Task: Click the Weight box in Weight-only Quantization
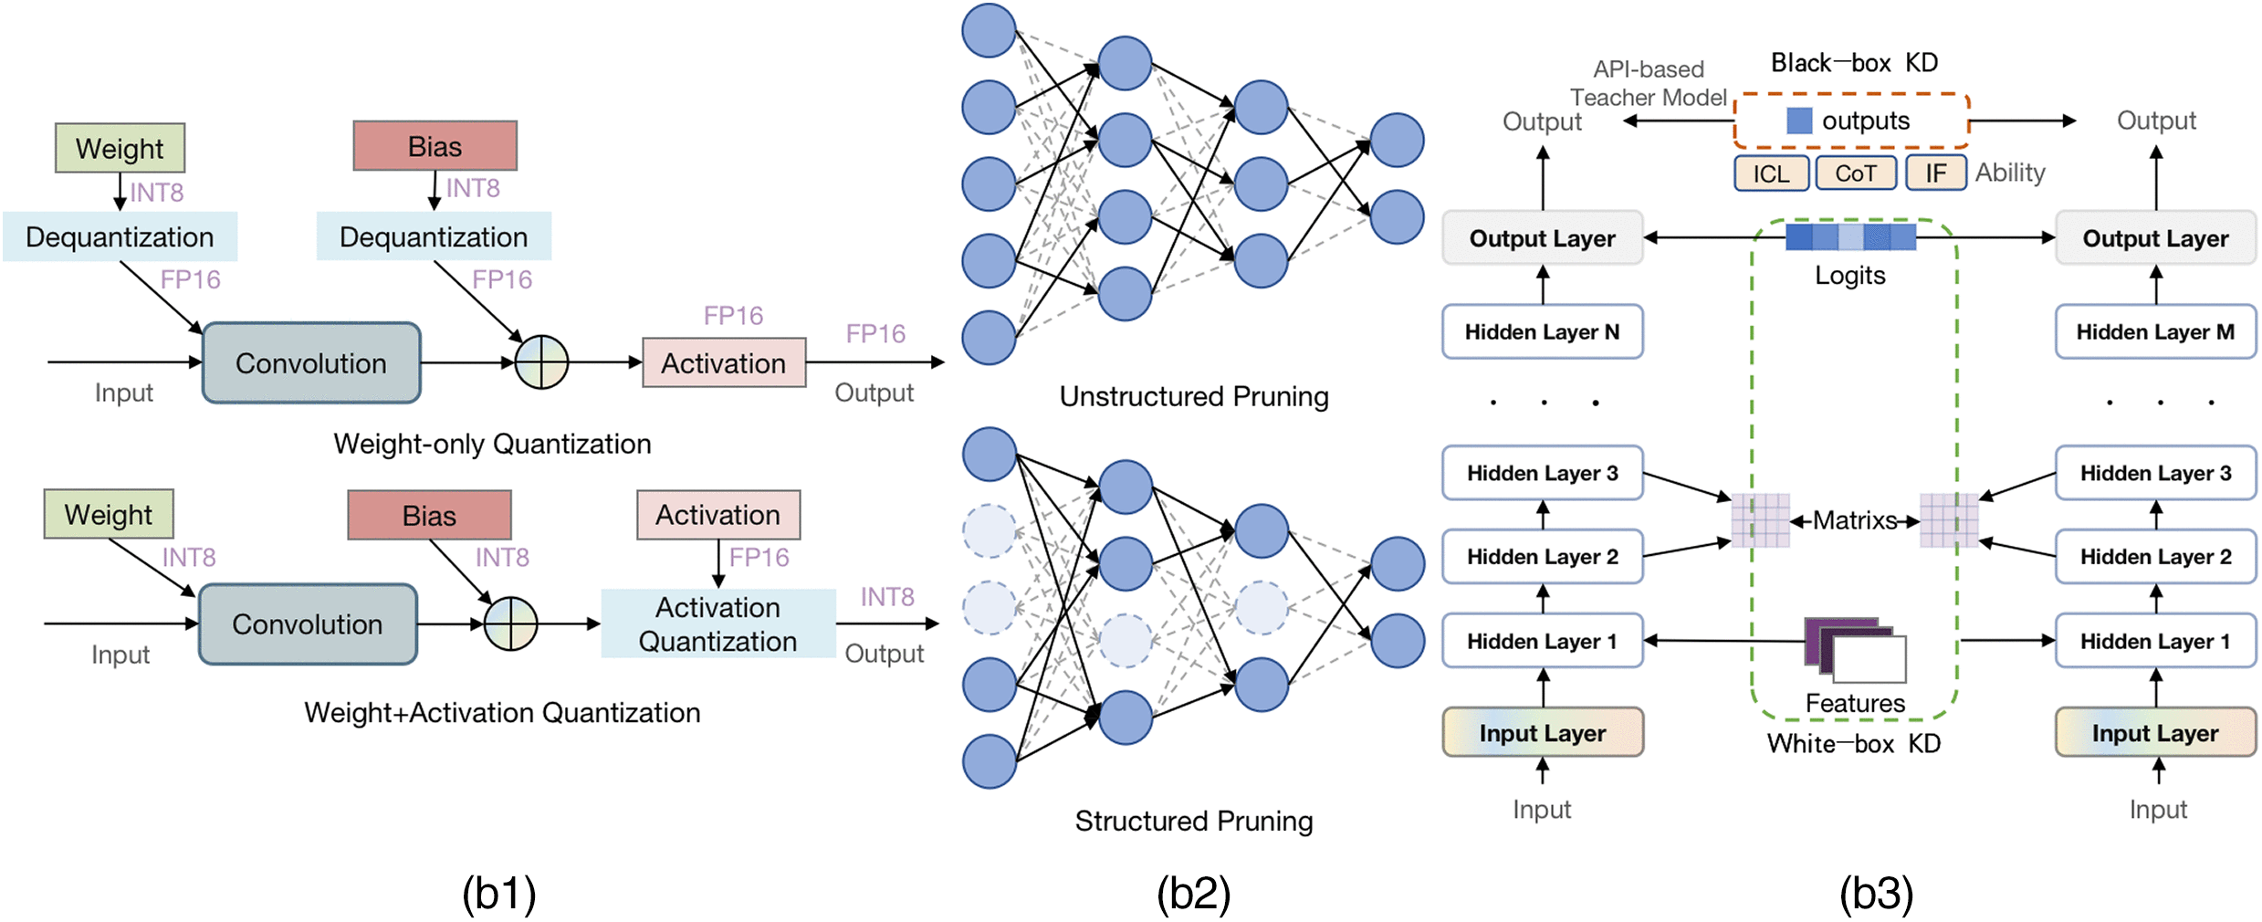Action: (120, 148)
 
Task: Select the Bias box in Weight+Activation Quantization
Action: (429, 515)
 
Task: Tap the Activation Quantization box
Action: (717, 623)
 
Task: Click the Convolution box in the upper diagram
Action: (310, 362)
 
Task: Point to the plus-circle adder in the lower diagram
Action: (510, 623)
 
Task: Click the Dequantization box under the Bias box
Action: (434, 236)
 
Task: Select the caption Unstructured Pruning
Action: (1193, 396)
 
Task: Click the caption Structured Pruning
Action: (1193, 821)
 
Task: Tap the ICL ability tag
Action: (1771, 173)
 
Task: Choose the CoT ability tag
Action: (1856, 173)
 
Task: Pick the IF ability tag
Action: (1935, 173)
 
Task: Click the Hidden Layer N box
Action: (1542, 331)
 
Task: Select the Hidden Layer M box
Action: (2155, 331)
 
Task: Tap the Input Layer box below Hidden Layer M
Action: (2155, 732)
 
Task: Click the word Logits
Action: (1849, 275)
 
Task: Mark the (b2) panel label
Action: (1193, 893)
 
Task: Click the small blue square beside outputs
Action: (1798, 120)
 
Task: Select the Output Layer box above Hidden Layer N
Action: (1542, 238)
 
